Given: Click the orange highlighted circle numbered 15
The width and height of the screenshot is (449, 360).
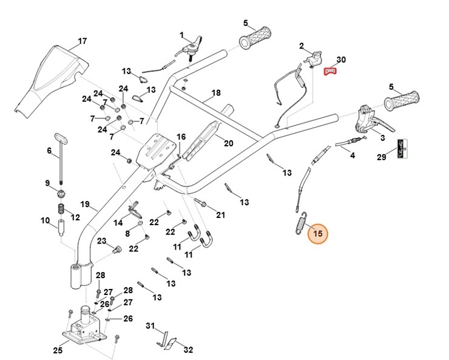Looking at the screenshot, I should (x=317, y=233).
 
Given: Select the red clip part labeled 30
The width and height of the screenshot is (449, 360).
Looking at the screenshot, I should (x=330, y=72).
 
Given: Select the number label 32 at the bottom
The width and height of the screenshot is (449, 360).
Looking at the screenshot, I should (x=188, y=350).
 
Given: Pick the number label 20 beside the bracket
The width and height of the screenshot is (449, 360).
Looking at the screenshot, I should (x=228, y=144).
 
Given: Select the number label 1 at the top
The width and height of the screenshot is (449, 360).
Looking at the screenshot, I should (x=181, y=35).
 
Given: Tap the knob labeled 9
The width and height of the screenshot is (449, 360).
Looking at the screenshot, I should (x=61, y=194).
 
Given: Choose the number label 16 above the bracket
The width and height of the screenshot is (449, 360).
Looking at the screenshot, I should (x=181, y=137).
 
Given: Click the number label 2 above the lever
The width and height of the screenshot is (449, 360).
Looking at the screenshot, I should (x=302, y=46).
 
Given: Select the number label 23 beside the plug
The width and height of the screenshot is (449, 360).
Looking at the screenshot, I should (x=101, y=241).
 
